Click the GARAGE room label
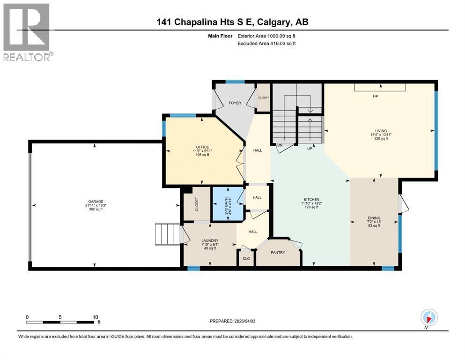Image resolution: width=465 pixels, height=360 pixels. pyautogui.click(x=94, y=202)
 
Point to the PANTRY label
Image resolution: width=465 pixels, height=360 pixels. pyautogui.click(x=278, y=253)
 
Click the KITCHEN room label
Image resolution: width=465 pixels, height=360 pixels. pyautogui.click(x=311, y=199)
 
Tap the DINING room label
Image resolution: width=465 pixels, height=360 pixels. pyautogui.click(x=374, y=218)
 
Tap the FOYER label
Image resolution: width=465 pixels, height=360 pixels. pyautogui.click(x=234, y=103)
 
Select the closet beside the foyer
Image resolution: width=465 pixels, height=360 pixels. pyautogui.click(x=264, y=97)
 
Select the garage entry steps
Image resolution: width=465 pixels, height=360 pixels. pyautogui.click(x=168, y=233)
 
